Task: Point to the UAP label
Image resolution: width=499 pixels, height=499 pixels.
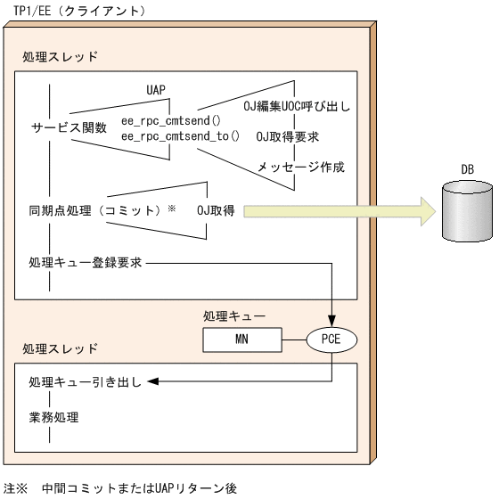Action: point(158,91)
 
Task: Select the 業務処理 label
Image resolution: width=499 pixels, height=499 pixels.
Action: point(53,416)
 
